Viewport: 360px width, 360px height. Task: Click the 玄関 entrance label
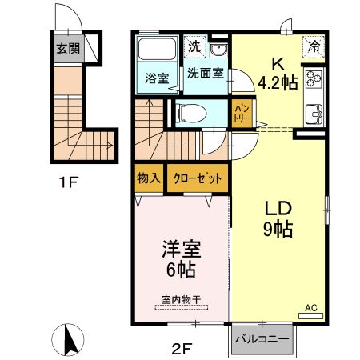tap(68, 49)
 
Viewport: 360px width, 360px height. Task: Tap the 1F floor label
tap(68, 182)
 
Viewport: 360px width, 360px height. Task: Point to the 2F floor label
tap(182, 349)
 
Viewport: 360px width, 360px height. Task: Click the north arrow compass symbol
tap(68, 340)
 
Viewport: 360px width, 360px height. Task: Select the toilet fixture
tap(191, 113)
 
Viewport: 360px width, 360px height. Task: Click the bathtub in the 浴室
tap(157, 49)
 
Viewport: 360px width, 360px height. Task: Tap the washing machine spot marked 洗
tap(195, 46)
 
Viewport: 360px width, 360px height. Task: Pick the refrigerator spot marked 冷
tap(314, 47)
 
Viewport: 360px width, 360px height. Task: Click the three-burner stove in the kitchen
tap(314, 78)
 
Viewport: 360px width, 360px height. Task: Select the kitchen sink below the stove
tap(314, 114)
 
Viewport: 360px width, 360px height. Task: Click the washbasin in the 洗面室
tap(218, 50)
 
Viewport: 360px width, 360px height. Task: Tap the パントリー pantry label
tap(242, 113)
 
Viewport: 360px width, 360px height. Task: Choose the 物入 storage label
tap(149, 178)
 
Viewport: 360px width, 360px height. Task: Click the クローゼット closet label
tap(198, 178)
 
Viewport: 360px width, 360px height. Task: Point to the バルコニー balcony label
tap(262, 339)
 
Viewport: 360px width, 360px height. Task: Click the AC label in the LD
tap(311, 308)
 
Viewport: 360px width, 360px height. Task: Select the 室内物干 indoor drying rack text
tap(182, 300)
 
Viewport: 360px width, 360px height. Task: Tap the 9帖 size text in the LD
tap(278, 229)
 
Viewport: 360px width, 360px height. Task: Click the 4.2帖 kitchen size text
tap(278, 82)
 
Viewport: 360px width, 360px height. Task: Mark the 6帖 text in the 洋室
tap(182, 270)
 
